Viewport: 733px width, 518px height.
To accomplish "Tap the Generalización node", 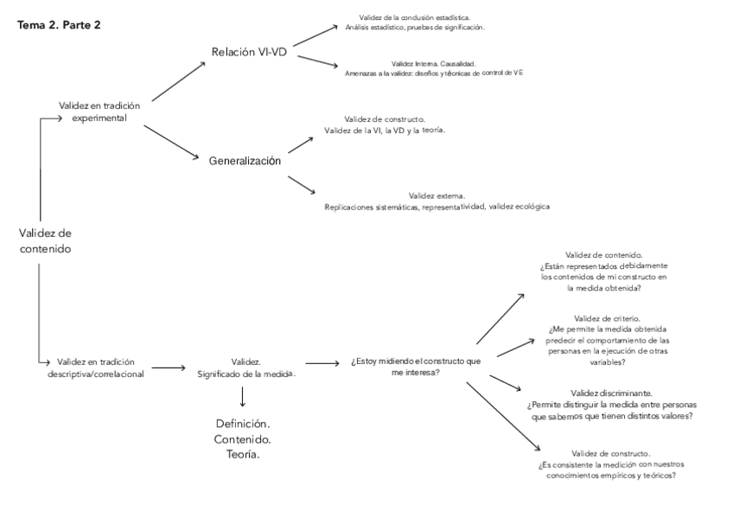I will pyautogui.click(x=245, y=161).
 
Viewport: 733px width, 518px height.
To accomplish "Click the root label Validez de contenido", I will pyautogui.click(x=45, y=241).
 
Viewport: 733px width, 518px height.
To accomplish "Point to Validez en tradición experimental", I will pyautogui.click(x=99, y=111).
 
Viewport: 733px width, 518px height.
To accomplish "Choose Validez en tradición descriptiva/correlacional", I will pyautogui.click(x=100, y=368).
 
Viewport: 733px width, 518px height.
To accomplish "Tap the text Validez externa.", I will pyautogui.click(x=437, y=196).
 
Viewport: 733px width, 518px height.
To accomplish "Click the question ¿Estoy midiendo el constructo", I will pyautogui.click(x=416, y=361).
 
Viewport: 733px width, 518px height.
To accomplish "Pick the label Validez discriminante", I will pyautogui.click(x=612, y=393).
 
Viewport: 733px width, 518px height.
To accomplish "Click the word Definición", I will pyautogui.click(x=243, y=425).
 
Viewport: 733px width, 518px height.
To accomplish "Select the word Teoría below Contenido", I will pyautogui.click(x=243, y=454).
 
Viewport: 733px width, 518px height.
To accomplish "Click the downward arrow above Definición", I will pyautogui.click(x=243, y=396).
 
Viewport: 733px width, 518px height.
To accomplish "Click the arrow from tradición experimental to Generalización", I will pyautogui.click(x=170, y=142).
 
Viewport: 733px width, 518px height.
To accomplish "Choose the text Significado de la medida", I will pyautogui.click(x=246, y=374).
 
